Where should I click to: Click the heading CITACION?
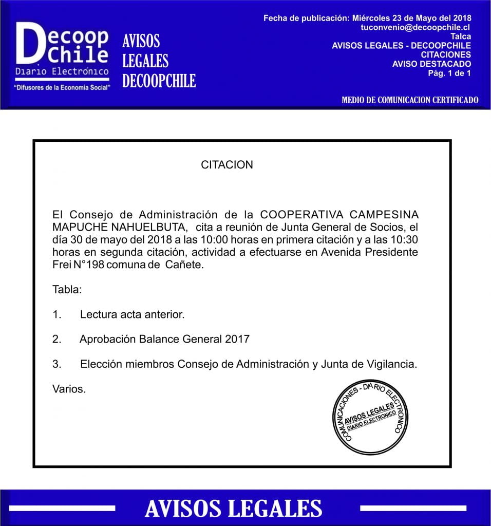[x=227, y=165]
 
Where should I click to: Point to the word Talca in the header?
[x=460, y=36]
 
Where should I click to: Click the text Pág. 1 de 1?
[x=449, y=73]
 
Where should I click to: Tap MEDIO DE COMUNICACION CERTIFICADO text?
[x=410, y=100]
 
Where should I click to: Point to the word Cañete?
[x=184, y=266]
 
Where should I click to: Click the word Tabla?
[x=67, y=289]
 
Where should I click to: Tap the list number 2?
[x=56, y=339]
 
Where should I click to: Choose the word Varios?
[x=69, y=389]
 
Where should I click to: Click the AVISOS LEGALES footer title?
[x=234, y=509]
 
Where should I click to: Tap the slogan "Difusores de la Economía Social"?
[x=63, y=88]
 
